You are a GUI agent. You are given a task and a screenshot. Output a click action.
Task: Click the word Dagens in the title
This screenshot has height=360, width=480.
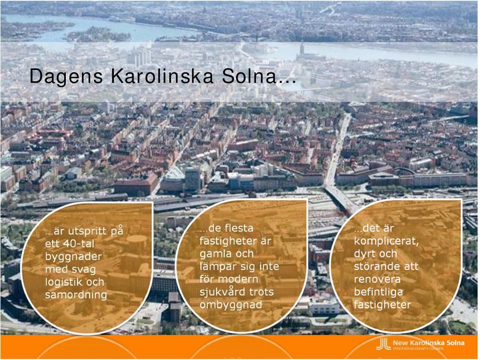tap(66, 76)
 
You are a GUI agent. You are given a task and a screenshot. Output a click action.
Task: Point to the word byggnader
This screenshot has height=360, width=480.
tap(73, 256)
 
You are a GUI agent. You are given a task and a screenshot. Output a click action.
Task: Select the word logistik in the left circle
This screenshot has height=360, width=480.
tap(63, 282)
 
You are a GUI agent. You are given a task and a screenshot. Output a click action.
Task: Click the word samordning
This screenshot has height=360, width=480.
tap(76, 295)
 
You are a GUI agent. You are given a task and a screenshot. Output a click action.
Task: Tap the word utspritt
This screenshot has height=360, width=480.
tap(84, 231)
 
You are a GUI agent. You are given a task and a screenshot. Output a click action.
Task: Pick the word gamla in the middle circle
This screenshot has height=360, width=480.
tap(218, 254)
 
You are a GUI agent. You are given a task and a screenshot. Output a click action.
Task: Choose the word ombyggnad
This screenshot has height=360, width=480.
tap(231, 305)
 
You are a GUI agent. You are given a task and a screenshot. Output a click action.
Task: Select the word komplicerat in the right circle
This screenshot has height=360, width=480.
tap(386, 241)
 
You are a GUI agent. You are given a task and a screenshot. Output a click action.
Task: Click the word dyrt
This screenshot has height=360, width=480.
tap(366, 254)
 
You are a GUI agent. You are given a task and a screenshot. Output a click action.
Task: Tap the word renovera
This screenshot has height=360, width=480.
tap(377, 279)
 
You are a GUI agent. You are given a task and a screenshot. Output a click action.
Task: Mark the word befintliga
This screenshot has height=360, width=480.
tap(378, 292)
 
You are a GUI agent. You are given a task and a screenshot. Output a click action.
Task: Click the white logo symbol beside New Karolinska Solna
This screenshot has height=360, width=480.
tap(383, 344)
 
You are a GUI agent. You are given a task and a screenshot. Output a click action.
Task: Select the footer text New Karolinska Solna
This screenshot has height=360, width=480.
tap(428, 343)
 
